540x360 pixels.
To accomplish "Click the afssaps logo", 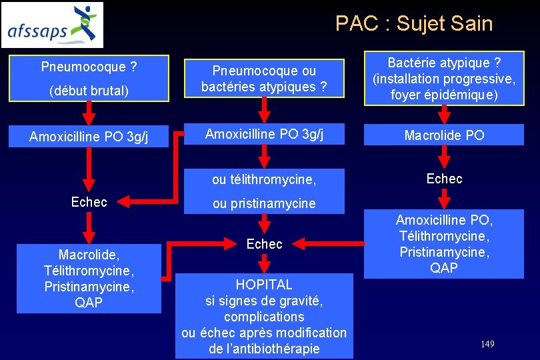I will click(x=53, y=25).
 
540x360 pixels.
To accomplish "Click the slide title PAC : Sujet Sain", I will click(x=413, y=24).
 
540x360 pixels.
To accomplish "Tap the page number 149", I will click(x=487, y=344).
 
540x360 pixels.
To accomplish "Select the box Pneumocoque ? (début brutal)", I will click(x=89, y=78).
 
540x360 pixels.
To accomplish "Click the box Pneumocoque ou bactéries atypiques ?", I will click(x=264, y=79).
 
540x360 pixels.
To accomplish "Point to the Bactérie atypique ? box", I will click(x=444, y=78).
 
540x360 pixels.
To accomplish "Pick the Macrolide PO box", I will click(x=444, y=135).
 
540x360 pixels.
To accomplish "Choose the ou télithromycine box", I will click(x=264, y=179).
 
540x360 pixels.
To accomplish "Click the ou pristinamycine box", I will click(x=264, y=203).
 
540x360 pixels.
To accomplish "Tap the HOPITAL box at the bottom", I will click(x=264, y=316).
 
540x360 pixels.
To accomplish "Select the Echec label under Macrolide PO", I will click(x=444, y=178).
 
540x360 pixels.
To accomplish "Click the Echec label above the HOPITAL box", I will click(x=264, y=244).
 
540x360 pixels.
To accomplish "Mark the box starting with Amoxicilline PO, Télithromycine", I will click(x=444, y=243).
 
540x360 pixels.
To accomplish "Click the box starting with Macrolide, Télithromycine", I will click(x=89, y=279).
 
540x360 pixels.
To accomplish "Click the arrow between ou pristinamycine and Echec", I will click(x=264, y=223).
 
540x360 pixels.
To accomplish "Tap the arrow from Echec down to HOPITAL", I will click(x=264, y=263).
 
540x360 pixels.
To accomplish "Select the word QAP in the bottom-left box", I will click(x=89, y=303).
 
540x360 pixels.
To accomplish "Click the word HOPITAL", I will click(x=264, y=284).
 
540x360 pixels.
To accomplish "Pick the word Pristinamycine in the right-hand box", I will click(x=444, y=252).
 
